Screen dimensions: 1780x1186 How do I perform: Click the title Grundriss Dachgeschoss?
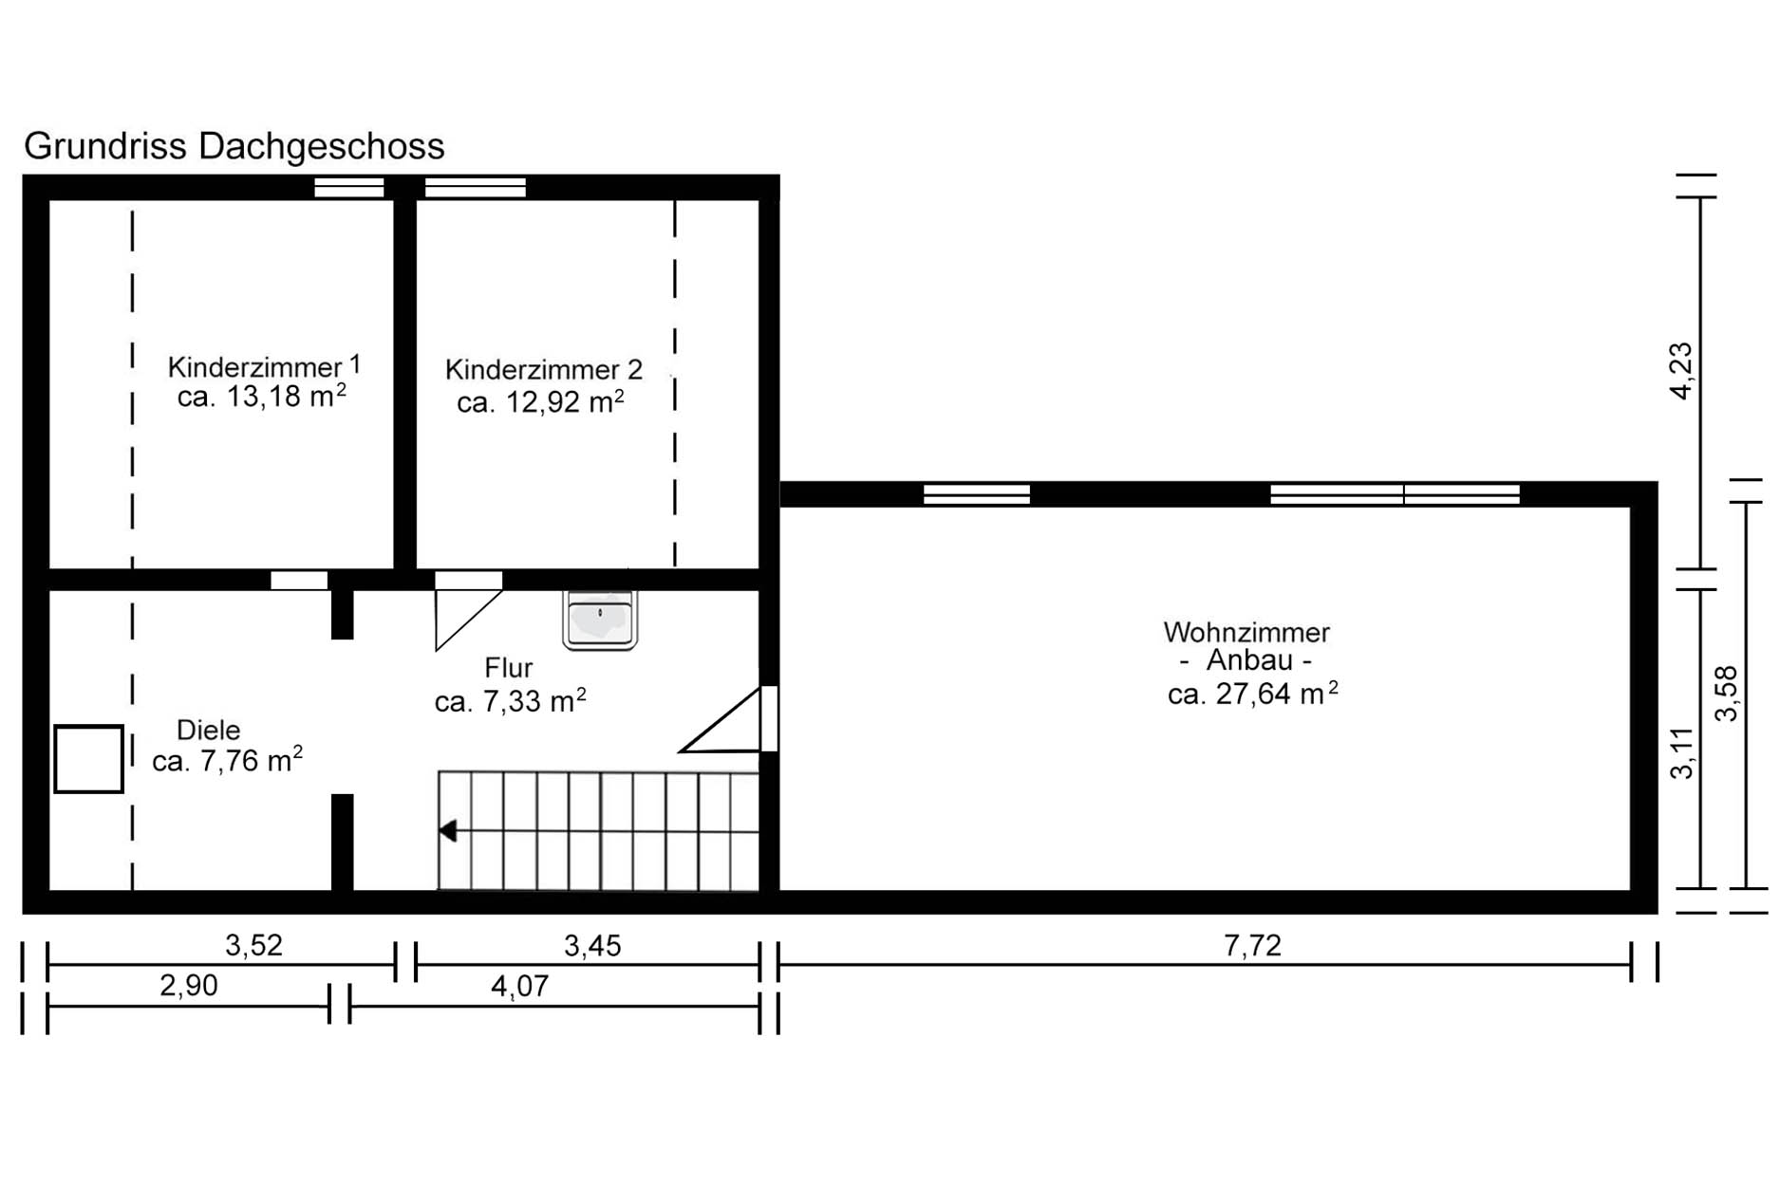pyautogui.click(x=234, y=147)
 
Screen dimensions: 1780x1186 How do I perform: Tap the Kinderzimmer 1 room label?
pyautogui.click(x=264, y=366)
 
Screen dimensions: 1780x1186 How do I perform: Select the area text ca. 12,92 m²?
pyautogui.click(x=540, y=401)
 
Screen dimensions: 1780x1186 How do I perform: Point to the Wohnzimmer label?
pyautogui.click(x=1246, y=632)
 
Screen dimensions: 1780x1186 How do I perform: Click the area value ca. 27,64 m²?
pyautogui.click(x=1253, y=694)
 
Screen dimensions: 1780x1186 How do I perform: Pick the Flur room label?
pyautogui.click(x=508, y=667)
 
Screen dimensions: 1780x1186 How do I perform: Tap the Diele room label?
pyautogui.click(x=209, y=730)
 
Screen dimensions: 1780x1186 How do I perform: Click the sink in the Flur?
pyautogui.click(x=600, y=620)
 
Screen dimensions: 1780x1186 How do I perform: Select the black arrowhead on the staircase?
pyautogui.click(x=448, y=831)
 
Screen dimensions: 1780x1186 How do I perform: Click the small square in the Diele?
pyautogui.click(x=88, y=758)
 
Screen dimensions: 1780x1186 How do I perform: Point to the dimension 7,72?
pyautogui.click(x=1252, y=946)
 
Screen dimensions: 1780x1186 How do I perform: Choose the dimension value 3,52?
pyautogui.click(x=253, y=945)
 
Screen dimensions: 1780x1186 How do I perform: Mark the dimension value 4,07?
pyautogui.click(x=519, y=987)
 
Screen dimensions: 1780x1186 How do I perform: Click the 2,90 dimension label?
pyautogui.click(x=188, y=986)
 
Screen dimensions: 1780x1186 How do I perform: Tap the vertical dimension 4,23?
pyautogui.click(x=1680, y=371)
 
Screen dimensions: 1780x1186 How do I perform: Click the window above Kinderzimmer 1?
pyautogui.click(x=349, y=187)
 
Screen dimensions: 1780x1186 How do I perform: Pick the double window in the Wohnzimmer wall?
pyautogui.click(x=1395, y=494)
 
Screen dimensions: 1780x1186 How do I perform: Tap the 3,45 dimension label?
pyautogui.click(x=592, y=945)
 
